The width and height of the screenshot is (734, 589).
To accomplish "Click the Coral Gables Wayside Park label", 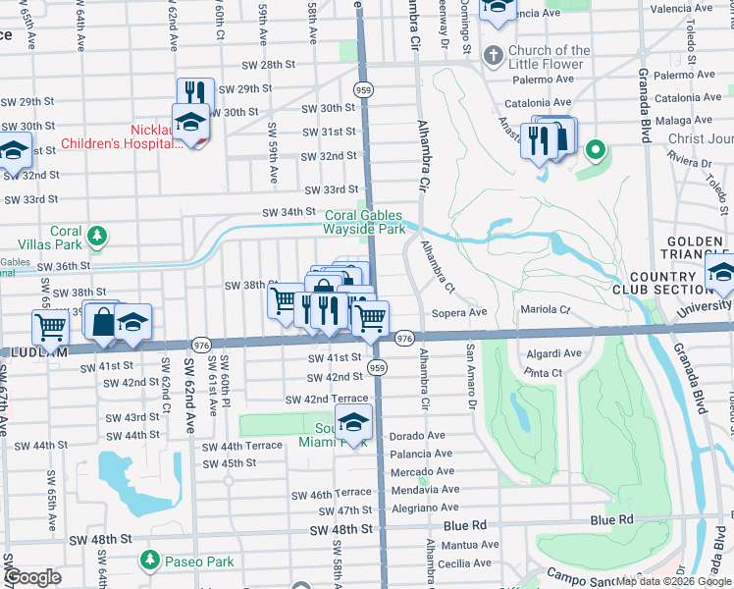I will pos(364,222).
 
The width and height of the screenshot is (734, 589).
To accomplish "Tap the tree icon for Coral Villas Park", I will pos(97,236).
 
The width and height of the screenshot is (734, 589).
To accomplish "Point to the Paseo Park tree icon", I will pos(149,561).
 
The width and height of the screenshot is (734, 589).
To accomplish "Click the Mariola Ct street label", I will pos(550,309).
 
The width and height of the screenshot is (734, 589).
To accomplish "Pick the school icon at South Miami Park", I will pos(353,423).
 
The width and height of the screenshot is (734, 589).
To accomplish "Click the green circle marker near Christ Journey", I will pos(594,150).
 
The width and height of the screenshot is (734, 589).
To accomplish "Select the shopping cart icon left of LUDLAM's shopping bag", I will pos(50,325).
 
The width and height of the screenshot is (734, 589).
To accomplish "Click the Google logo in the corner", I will pos(32,577).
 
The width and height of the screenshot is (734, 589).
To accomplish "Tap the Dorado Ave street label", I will pos(417,435).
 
